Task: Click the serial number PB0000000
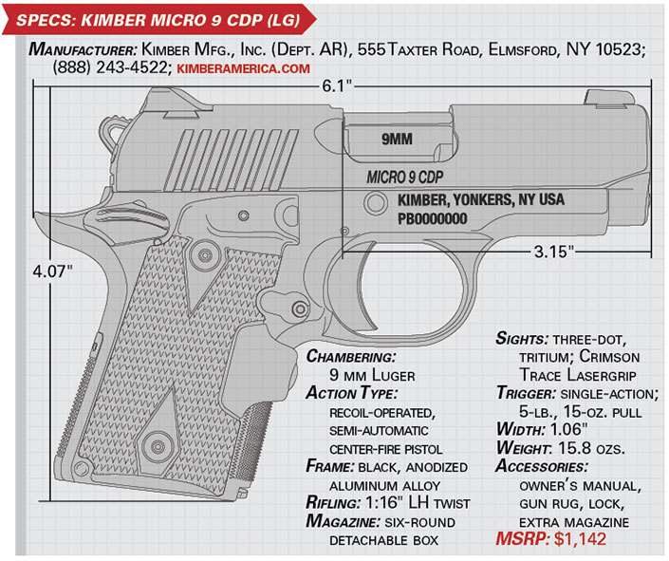pos(432,217)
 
